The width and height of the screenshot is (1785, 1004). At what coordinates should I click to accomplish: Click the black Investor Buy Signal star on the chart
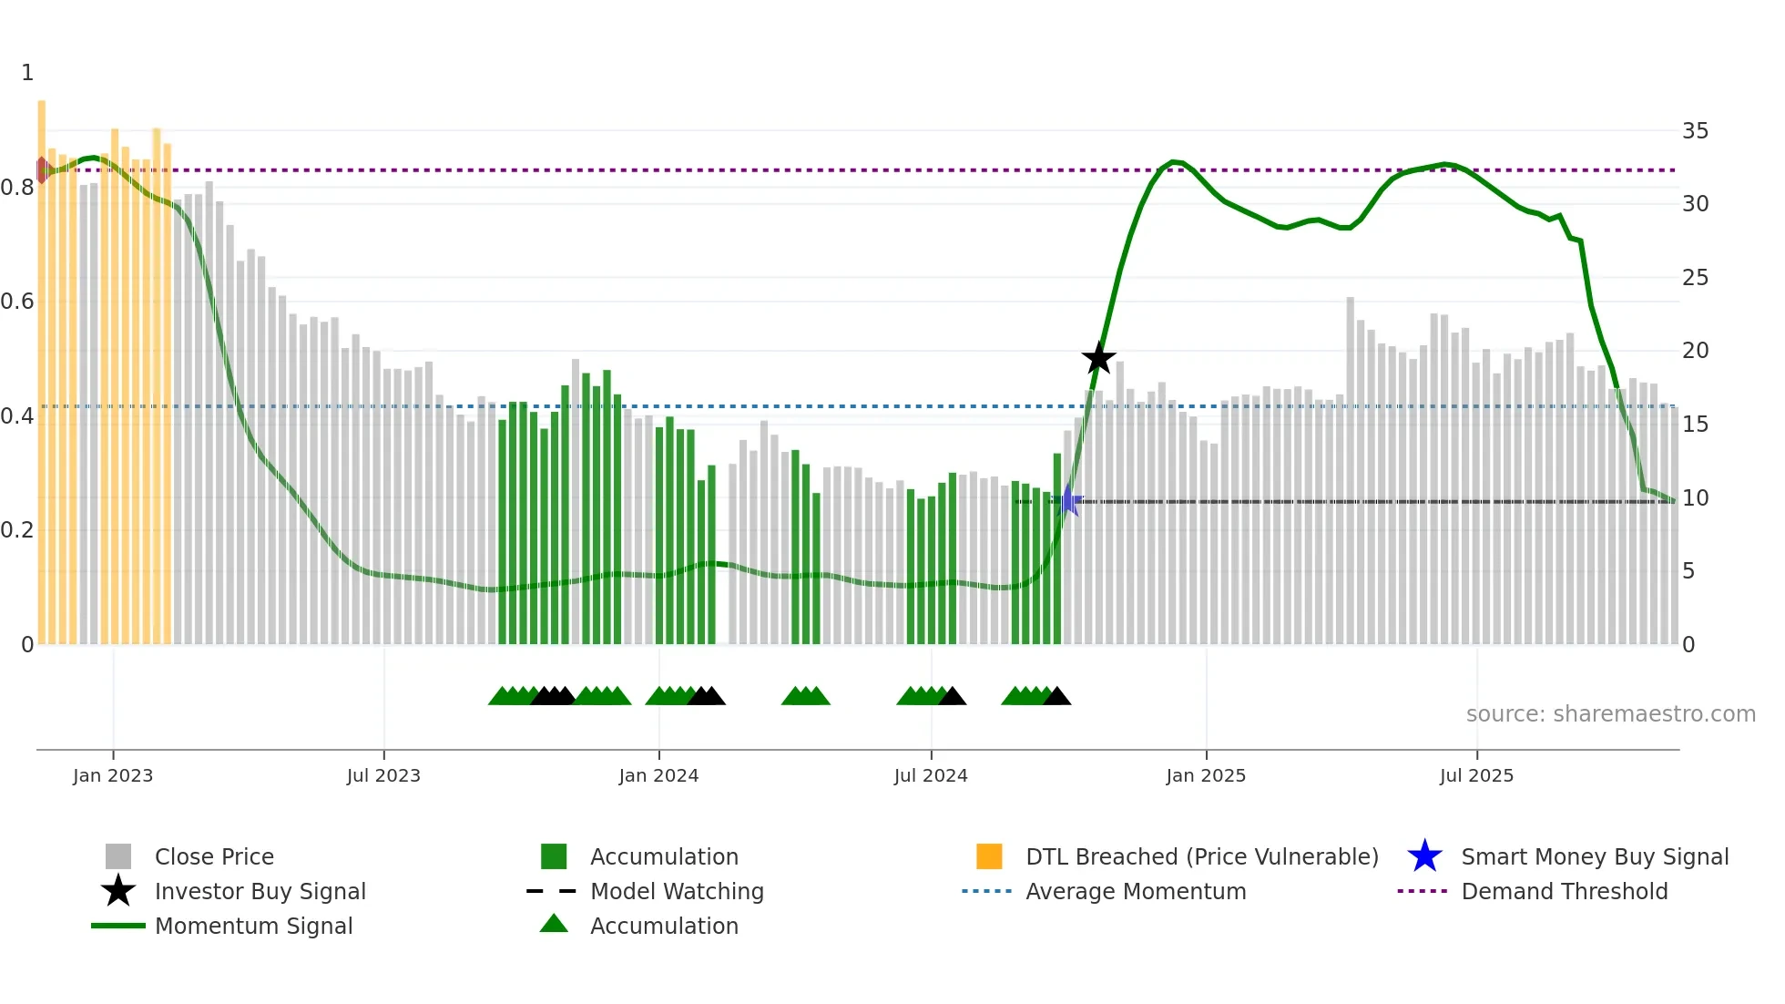point(1098,358)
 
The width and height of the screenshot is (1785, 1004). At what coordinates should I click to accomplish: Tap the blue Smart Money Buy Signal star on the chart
point(1069,501)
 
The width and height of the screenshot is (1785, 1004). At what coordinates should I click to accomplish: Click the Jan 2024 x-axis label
point(658,775)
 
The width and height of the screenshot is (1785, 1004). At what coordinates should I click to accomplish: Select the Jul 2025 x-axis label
point(1476,775)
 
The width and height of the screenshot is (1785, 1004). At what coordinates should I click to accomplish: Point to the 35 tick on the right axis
point(1695,131)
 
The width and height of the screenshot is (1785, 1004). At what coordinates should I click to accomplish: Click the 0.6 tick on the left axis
point(17,302)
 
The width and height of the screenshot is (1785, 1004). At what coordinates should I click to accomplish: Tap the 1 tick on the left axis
point(27,73)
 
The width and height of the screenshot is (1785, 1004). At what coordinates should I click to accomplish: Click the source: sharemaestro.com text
point(1610,714)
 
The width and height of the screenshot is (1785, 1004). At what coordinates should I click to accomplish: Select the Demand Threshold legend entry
point(1564,891)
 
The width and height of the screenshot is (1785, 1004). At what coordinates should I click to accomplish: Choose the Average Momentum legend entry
point(1135,891)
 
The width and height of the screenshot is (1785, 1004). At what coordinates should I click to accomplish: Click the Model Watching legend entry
point(676,891)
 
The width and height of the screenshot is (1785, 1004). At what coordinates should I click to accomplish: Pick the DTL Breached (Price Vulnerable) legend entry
point(1201,856)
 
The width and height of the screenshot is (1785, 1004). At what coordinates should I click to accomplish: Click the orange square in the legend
point(989,856)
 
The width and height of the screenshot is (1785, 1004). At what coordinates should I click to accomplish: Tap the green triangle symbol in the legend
point(554,924)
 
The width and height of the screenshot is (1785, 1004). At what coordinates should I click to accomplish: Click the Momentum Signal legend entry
point(253,926)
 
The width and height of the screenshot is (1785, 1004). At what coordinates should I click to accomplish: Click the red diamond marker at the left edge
point(42,169)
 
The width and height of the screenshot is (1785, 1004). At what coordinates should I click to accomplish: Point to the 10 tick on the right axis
point(1695,498)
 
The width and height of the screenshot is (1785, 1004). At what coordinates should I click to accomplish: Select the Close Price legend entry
point(214,856)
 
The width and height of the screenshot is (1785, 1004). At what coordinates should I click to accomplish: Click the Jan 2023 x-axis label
point(113,775)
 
